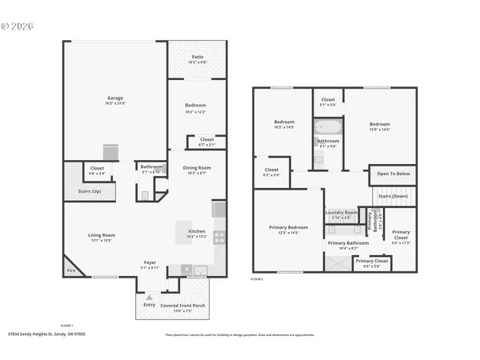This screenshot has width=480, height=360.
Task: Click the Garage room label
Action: [115, 101]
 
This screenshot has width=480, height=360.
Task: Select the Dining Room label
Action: [196, 170]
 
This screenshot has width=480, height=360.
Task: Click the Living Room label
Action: [102, 236]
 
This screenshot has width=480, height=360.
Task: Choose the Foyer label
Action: [150, 264]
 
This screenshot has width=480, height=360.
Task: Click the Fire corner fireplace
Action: [70, 270]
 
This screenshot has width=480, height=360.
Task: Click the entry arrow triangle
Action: [149, 298]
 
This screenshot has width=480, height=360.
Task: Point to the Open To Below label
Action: [394, 174]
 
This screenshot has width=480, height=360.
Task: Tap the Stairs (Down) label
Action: [394, 196]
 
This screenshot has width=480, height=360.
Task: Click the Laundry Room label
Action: [340, 214]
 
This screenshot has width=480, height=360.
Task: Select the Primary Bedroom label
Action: [288, 229]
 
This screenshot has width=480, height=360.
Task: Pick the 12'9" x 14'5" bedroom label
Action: [379, 126]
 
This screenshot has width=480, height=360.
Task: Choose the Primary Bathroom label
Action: [348, 244]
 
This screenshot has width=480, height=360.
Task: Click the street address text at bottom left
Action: [46, 334]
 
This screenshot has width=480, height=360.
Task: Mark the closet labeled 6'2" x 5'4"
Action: [271, 171]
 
